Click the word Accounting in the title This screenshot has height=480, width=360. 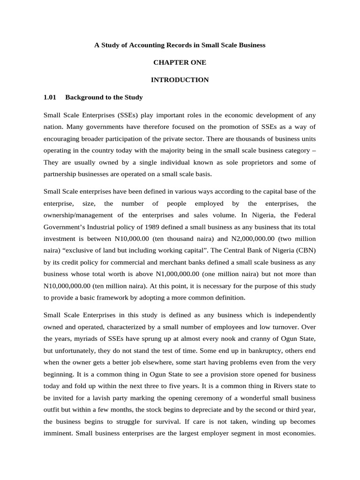[145, 45]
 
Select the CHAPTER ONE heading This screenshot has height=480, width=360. [180, 62]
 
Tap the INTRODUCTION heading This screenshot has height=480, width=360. [180, 80]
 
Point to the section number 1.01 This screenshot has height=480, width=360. [50, 97]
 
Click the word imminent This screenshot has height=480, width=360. [58, 432]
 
